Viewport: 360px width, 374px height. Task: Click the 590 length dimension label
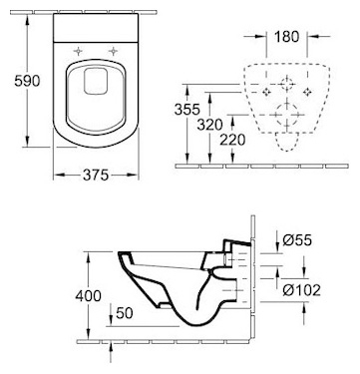point(27,81)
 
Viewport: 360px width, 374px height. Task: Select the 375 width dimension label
point(96,175)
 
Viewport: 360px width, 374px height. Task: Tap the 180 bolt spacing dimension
point(286,37)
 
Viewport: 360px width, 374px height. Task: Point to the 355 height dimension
point(187,110)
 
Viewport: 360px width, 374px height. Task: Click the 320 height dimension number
point(209,125)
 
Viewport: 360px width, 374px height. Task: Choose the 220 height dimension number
point(232,140)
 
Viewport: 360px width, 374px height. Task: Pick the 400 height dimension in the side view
point(88,295)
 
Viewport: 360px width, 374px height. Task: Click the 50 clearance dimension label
point(125,313)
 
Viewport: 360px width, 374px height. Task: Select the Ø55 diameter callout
point(297,240)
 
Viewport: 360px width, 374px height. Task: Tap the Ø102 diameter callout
point(302,290)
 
